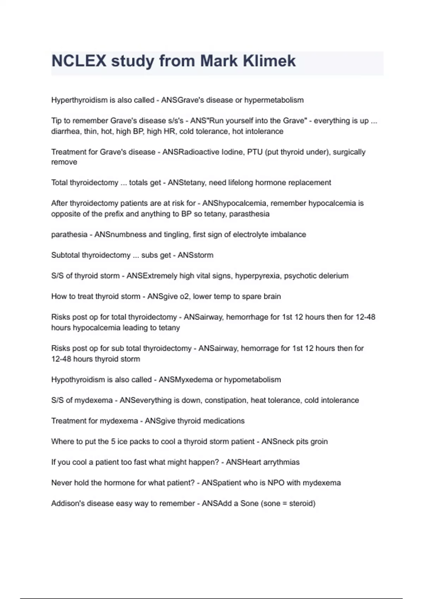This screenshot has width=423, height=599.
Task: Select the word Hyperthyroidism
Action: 79,100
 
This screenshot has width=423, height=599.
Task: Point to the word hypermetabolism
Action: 274,100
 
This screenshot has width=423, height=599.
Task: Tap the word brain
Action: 271,296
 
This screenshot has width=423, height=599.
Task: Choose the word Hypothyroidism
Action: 78,380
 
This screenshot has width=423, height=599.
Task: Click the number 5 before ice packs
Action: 113,441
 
